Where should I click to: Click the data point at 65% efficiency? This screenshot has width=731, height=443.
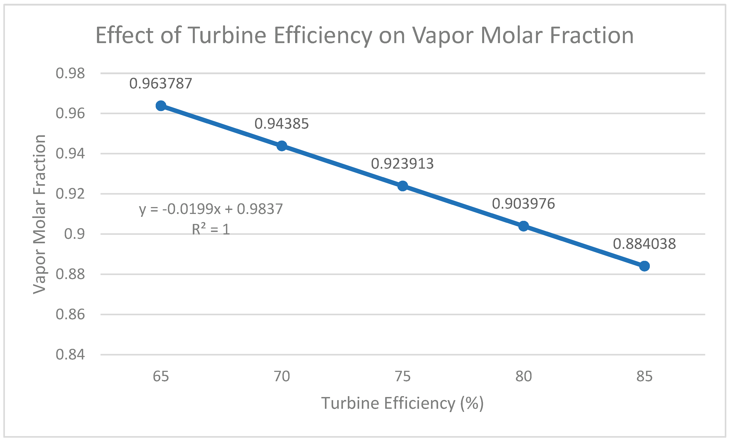pyautogui.click(x=161, y=106)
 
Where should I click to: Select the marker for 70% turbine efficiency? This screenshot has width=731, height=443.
pyautogui.click(x=282, y=146)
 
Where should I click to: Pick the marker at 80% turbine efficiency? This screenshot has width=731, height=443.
pyautogui.click(x=524, y=226)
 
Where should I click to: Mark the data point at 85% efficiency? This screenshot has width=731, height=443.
pyautogui.click(x=644, y=266)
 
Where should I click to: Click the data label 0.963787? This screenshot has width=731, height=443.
pyautogui.click(x=161, y=84)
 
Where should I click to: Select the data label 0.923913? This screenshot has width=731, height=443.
pyautogui.click(x=403, y=164)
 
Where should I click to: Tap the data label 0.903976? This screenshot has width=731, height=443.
pyautogui.click(x=524, y=204)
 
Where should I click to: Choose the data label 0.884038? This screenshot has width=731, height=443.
pyautogui.click(x=644, y=244)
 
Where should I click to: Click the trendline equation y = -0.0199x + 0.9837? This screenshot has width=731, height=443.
pyautogui.click(x=211, y=210)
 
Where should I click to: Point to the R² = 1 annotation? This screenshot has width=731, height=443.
pyautogui.click(x=211, y=229)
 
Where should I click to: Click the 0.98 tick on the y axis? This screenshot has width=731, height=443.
pyautogui.click(x=70, y=73)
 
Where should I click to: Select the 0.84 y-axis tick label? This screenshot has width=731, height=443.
pyautogui.click(x=70, y=354)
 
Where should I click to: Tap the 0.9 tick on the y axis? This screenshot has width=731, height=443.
pyautogui.click(x=75, y=234)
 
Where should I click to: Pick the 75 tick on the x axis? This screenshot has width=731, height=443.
pyautogui.click(x=403, y=377)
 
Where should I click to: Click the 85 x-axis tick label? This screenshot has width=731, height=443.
pyautogui.click(x=644, y=377)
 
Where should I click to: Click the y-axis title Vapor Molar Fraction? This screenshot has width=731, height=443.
pyautogui.click(x=39, y=214)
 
